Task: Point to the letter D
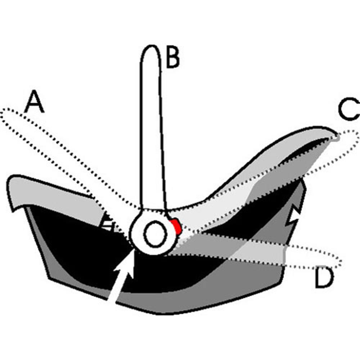324,278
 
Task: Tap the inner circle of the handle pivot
155,234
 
